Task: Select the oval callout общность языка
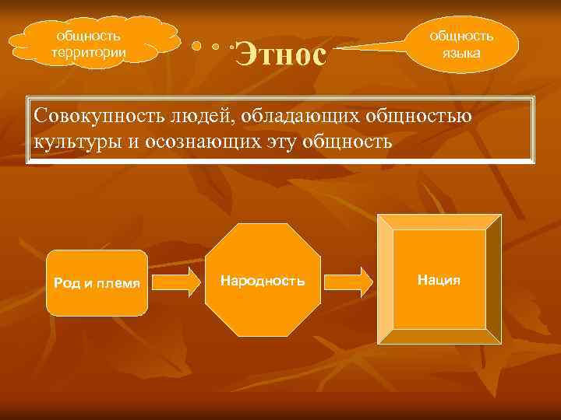[463, 44]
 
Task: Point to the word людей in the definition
[198, 117]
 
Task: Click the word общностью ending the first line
[421, 117]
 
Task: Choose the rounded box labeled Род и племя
[97, 282]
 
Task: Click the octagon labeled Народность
[263, 280]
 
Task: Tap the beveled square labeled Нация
[439, 278]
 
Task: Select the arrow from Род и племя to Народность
[176, 281]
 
